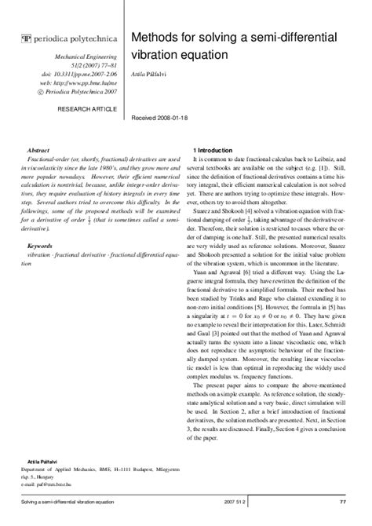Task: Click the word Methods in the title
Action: click(155, 38)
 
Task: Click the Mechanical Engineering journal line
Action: click(86, 58)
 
